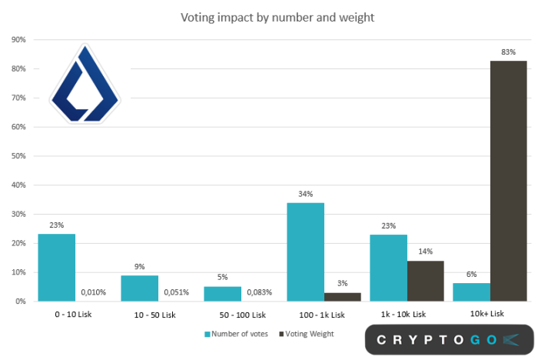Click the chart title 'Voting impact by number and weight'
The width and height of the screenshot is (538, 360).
tap(277, 17)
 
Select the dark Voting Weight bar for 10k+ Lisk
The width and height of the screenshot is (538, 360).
tap(508, 181)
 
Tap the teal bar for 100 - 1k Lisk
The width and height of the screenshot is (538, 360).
tap(305, 252)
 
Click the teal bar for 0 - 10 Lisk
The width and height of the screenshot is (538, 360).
tap(56, 268)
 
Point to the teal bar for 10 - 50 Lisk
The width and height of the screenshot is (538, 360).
tap(139, 288)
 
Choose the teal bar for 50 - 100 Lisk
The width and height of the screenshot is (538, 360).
tap(222, 294)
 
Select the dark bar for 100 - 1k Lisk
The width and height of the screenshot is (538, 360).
tap(342, 297)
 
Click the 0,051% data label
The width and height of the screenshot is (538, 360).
tap(177, 293)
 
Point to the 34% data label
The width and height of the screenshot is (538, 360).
tap(305, 194)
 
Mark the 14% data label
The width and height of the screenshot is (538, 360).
tap(426, 252)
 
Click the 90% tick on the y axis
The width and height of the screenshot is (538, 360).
tap(18, 39)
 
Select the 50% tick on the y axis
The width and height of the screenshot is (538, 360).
tap(18, 156)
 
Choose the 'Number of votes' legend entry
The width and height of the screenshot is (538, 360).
tap(235, 334)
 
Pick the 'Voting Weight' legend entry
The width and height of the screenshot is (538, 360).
tap(305, 334)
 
